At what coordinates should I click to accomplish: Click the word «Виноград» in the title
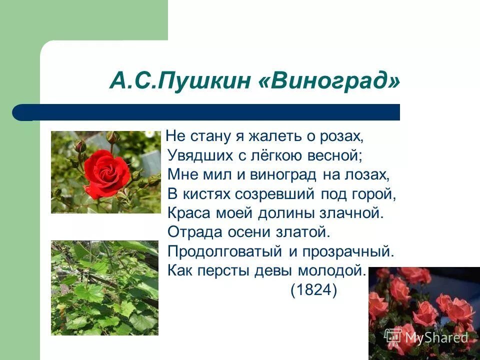pos(330,80)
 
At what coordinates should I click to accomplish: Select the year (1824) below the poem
pos(314,290)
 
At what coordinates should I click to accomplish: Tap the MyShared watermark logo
pos(426,337)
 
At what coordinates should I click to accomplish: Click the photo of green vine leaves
pos(104,287)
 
